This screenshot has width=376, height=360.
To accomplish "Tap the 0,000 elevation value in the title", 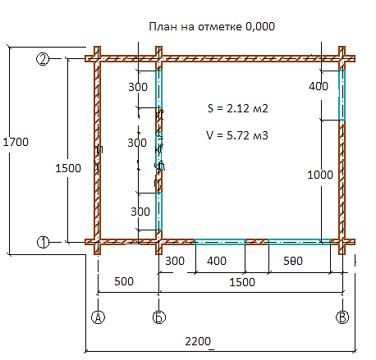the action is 260,27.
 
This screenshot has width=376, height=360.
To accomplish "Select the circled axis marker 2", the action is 43,59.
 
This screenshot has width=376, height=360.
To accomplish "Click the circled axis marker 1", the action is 43,242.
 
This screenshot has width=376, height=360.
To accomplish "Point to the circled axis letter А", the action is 98,317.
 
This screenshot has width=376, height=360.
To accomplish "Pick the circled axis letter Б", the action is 159,317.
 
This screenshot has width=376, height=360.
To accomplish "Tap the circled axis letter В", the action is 342,317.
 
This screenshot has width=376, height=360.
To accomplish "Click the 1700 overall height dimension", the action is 16,142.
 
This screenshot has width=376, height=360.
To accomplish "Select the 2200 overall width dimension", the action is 198,341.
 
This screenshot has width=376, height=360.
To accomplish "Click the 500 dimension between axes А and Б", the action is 124,281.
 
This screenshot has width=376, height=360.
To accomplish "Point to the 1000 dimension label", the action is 320,175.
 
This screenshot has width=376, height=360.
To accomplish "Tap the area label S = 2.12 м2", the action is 237,108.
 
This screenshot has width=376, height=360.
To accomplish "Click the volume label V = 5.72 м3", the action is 237,135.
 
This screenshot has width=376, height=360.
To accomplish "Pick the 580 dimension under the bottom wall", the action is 293,261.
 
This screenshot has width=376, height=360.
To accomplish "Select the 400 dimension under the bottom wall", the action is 217,261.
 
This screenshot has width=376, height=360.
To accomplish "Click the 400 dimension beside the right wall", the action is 319,86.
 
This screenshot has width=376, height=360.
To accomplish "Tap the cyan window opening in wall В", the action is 342,95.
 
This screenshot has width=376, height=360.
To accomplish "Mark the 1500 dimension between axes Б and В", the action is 242,282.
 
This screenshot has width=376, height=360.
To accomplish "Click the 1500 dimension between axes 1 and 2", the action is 68,168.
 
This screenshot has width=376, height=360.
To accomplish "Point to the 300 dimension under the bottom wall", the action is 175,261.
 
